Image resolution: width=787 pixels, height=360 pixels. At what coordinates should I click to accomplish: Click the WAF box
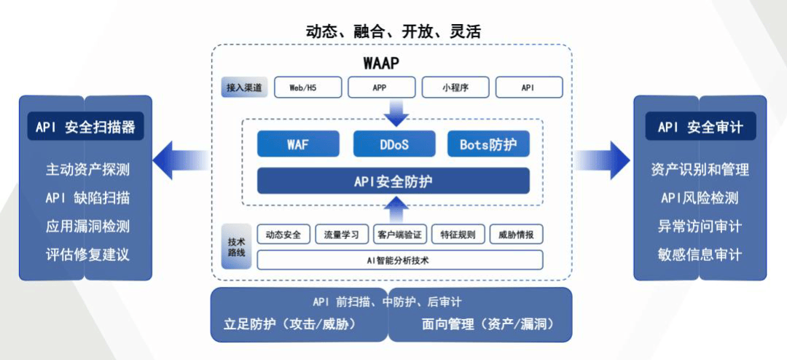click(x=298, y=144)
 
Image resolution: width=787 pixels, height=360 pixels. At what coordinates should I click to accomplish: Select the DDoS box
click(x=393, y=144)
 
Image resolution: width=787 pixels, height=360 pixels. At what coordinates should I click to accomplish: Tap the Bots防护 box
click(x=488, y=144)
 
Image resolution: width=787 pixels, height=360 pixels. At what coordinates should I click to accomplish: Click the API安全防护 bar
click(x=393, y=181)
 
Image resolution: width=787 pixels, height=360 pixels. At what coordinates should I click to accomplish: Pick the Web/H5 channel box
click(x=303, y=87)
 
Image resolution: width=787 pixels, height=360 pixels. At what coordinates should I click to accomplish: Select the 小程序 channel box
click(x=455, y=87)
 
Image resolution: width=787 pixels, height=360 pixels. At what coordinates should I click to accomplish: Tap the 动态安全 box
click(x=283, y=235)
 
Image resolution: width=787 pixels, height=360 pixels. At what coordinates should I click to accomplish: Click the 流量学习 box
click(x=342, y=235)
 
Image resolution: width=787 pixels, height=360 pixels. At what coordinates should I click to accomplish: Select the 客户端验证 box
click(x=399, y=235)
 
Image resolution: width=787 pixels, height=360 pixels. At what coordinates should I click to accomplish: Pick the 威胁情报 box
click(x=516, y=235)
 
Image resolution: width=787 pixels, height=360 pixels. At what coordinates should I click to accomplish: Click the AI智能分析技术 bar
click(x=399, y=259)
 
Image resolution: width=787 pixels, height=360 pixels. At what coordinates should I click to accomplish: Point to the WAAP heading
click(x=381, y=63)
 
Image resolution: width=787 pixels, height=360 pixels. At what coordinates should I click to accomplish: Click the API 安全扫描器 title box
click(x=85, y=127)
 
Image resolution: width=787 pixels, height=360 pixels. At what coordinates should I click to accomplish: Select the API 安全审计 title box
click(x=700, y=127)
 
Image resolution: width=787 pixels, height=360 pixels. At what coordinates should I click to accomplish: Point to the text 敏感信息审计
click(x=700, y=254)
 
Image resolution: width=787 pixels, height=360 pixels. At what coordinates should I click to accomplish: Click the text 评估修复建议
click(x=87, y=254)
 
